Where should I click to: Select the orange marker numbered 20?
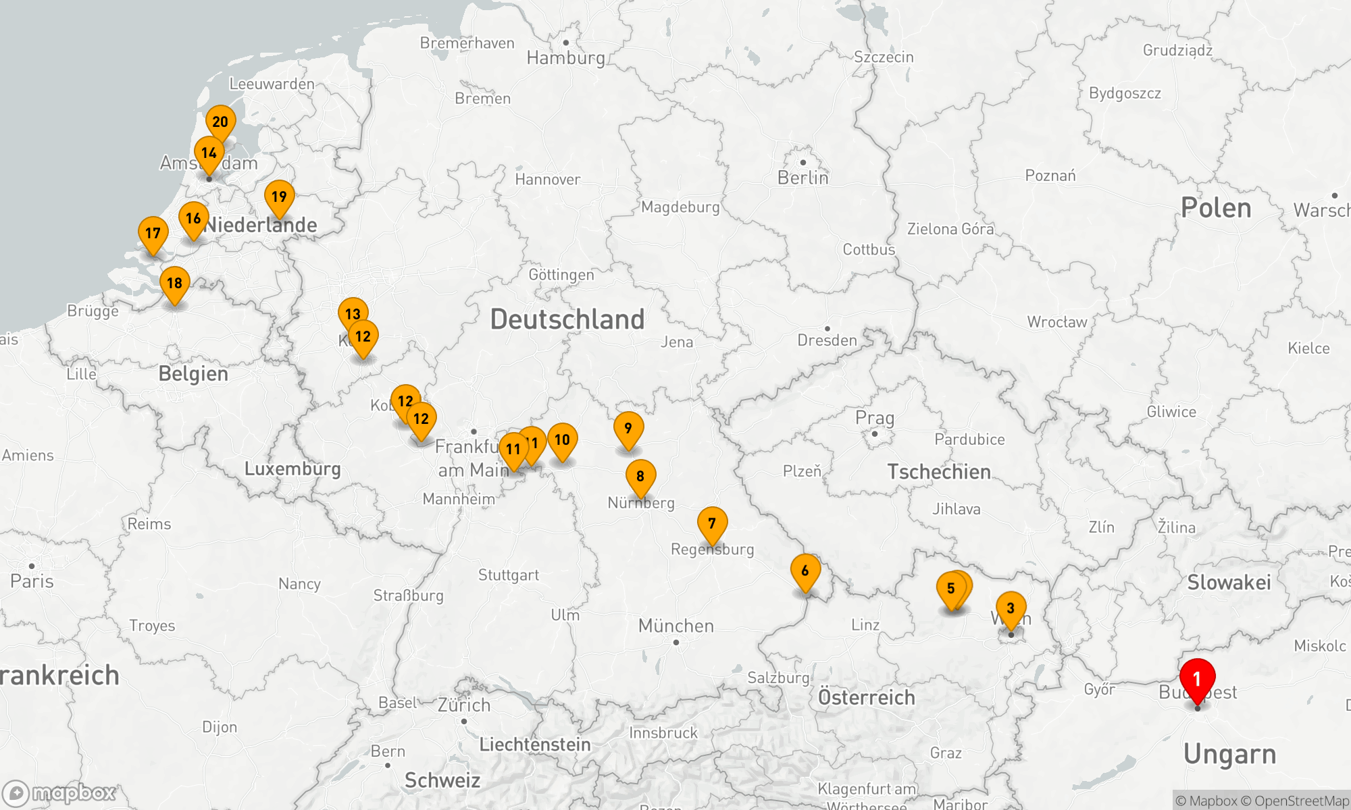220,122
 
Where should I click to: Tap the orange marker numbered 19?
279,197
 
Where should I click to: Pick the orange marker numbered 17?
153,234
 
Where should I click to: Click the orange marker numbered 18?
174,283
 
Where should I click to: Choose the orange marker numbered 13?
353,314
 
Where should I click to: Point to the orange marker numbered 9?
628,429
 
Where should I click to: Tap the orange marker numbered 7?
712,524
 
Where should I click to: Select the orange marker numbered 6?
805,571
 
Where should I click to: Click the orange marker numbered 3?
1011,608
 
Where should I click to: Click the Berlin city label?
802,178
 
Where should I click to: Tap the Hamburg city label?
565,58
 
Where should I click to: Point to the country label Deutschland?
567,319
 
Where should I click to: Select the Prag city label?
874,418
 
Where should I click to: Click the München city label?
675,626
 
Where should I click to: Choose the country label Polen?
1215,208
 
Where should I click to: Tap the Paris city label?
32,581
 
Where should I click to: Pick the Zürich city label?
463,705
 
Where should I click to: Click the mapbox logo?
59,793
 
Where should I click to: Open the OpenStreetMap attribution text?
1301,801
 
